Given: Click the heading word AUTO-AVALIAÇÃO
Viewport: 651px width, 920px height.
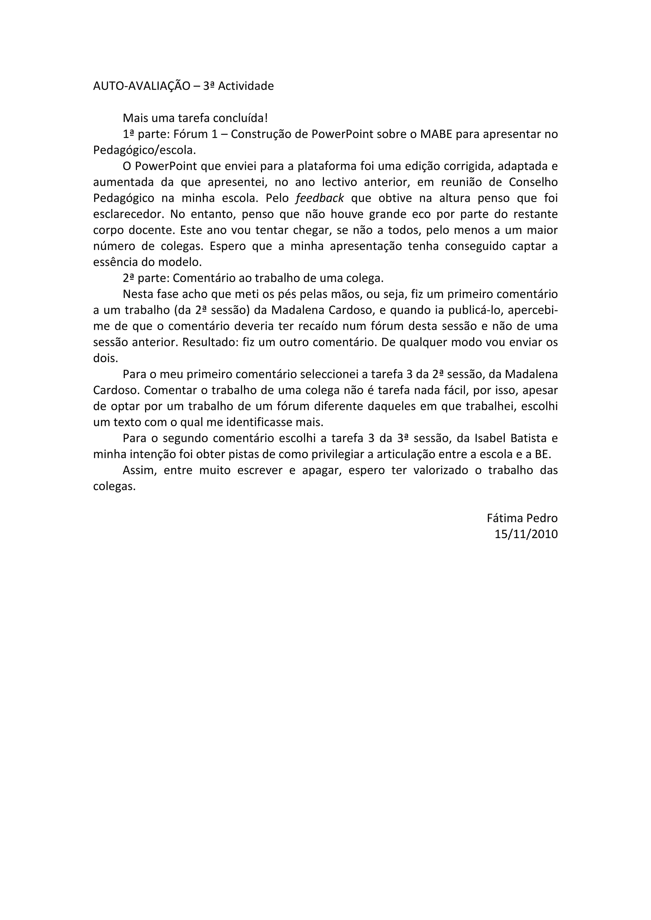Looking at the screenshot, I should tap(141, 86).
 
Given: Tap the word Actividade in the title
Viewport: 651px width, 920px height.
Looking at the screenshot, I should tap(246, 86).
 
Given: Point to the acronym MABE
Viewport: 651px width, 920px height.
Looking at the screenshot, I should tap(436, 134).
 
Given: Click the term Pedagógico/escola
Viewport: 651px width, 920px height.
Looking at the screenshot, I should tap(145, 150).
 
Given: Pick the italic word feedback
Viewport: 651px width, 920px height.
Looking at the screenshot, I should tap(319, 198).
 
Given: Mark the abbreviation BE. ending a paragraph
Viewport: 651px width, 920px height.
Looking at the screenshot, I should tap(543, 454).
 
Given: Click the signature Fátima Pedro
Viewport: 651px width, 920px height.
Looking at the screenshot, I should tap(522, 518).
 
